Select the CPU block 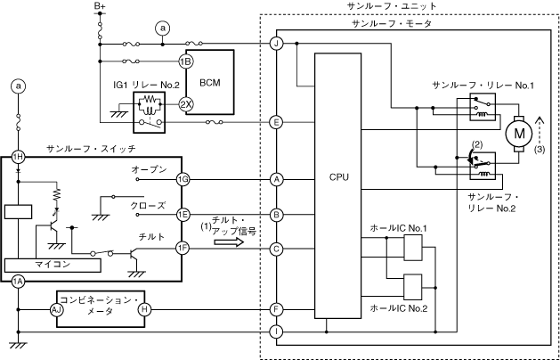click(338, 178)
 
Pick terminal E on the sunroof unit click(277, 122)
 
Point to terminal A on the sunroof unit click(277, 179)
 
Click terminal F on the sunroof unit click(277, 308)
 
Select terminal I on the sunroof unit click(277, 331)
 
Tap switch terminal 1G click(183, 179)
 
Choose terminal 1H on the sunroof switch click(18, 156)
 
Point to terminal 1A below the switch click(18, 283)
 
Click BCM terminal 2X click(186, 103)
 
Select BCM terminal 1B click(186, 61)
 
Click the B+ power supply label click(100, 7)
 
